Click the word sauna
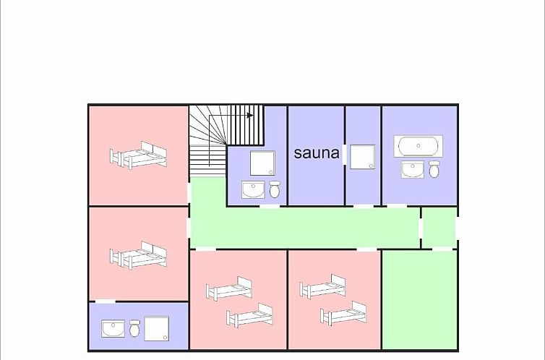(317, 153)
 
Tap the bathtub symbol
(418, 146)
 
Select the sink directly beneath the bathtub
(412, 169)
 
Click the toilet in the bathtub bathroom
(434, 169)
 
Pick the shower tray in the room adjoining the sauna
(362, 157)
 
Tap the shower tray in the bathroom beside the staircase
(262, 163)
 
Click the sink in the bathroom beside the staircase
(253, 189)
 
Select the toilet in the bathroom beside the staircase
(275, 189)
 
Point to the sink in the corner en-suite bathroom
(113, 329)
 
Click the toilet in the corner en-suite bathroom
(135, 328)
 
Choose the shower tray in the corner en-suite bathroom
(156, 328)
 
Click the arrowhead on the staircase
(250, 115)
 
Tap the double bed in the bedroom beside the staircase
(138, 155)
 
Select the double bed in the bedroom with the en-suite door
(138, 255)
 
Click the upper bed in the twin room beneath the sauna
(322, 286)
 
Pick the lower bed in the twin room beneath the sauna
(343, 313)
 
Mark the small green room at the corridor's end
(439, 228)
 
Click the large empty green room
(419, 299)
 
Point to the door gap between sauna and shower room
(345, 155)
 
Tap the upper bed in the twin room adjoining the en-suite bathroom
(229, 288)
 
